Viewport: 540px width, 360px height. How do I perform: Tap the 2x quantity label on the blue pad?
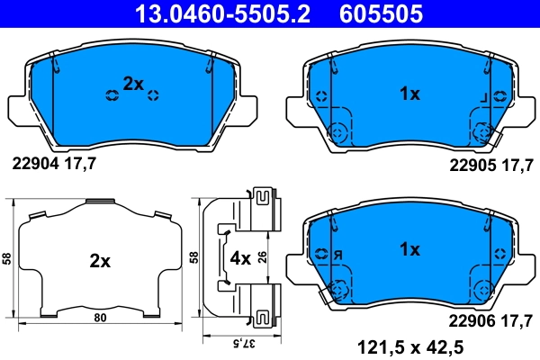point(133,84)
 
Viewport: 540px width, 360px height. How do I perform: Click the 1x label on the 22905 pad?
point(409,94)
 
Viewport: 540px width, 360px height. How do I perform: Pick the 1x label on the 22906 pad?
point(409,248)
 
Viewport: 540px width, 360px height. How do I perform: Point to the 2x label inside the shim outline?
point(99,262)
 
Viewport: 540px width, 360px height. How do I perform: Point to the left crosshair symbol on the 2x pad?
point(112,95)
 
